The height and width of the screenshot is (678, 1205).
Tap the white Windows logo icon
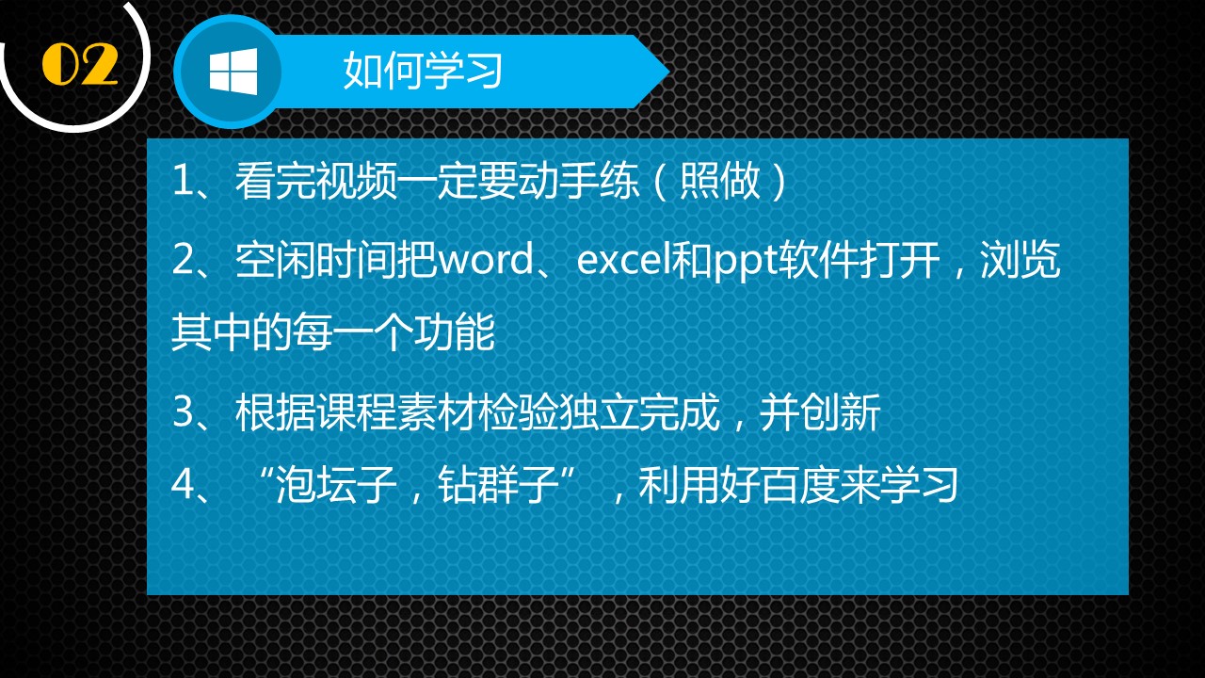233,72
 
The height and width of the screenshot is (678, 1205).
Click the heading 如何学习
423,72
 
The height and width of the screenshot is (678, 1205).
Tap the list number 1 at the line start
182,183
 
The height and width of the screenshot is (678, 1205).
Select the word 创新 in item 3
849,414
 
